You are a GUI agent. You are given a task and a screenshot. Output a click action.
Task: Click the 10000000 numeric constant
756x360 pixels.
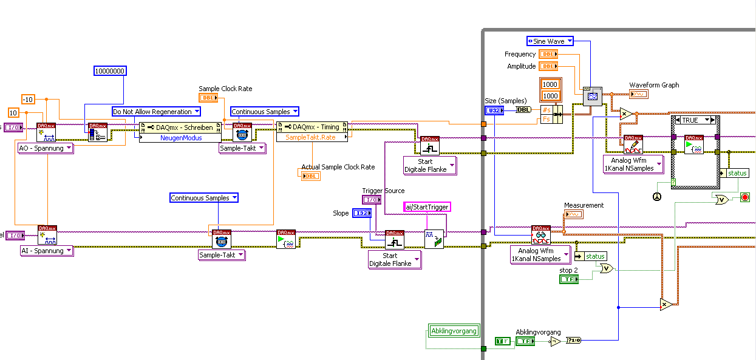tap(110, 71)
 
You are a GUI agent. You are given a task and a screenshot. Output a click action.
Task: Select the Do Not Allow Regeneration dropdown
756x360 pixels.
tap(156, 112)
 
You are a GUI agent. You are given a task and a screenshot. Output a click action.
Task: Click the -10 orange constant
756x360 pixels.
tap(28, 99)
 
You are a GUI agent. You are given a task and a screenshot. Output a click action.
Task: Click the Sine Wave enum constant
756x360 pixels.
tap(550, 41)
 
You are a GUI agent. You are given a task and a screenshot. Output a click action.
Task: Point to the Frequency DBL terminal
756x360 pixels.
tap(548, 54)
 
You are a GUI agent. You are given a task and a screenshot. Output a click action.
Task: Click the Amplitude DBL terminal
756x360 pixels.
tap(548, 66)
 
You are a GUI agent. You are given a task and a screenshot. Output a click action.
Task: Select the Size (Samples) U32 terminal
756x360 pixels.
tap(494, 110)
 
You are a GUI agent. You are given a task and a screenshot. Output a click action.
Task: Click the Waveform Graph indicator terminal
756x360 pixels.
tap(639, 94)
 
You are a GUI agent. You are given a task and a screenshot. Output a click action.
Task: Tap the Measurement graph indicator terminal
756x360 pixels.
tap(574, 214)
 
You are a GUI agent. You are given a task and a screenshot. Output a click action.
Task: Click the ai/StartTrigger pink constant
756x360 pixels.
tap(427, 207)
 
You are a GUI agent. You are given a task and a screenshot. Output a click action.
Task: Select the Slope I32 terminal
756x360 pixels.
tap(361, 213)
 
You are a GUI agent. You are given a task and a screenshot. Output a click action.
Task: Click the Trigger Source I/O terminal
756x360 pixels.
tap(371, 200)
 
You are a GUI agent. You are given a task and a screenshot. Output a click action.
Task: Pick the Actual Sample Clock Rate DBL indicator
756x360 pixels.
tap(310, 175)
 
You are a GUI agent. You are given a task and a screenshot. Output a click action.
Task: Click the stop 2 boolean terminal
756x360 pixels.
tap(568, 279)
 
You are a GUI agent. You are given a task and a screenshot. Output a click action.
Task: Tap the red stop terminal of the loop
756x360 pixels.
tap(745, 198)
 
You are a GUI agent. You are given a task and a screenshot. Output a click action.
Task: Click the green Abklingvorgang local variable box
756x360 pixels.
tap(454, 331)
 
